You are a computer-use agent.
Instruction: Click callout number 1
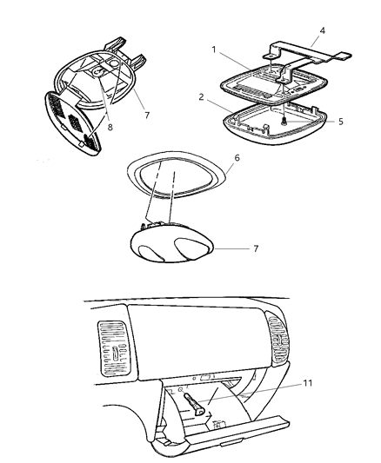pos(214,50)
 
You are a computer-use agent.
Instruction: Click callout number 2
pos(202,97)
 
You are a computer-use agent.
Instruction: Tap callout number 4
pos(323,30)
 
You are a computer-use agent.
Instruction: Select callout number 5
pos(341,122)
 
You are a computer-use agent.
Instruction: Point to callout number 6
pos(237,158)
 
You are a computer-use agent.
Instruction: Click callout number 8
pos(110,128)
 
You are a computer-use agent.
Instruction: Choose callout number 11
pos(308,383)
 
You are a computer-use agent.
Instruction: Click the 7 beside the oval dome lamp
pos(256,248)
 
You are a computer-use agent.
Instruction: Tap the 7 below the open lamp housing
pos(147,116)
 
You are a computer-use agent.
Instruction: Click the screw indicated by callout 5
pos(284,121)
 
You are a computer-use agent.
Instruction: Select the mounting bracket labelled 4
pos(307,54)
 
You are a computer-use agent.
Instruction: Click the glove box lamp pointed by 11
pos(194,405)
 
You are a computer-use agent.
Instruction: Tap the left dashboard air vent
pos(115,348)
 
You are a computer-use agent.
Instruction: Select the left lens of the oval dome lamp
pos(150,254)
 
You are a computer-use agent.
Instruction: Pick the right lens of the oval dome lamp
pos(192,248)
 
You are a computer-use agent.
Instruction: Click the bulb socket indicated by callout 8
pos(99,72)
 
